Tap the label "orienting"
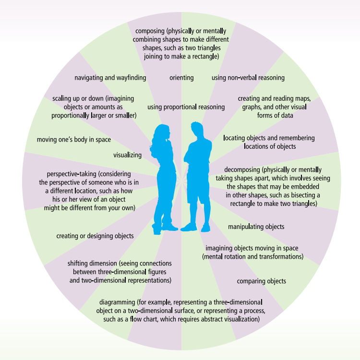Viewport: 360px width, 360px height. tap(181, 77)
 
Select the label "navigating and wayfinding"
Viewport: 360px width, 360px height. tap(110, 77)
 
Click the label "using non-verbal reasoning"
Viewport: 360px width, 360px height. tap(248, 77)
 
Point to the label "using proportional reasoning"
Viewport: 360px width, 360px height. tap(186, 107)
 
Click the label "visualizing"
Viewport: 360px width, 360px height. tap(127, 155)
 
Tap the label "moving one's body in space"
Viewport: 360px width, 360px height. tap(74, 140)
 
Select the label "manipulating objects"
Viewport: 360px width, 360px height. tap(256, 227)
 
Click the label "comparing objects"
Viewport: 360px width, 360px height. tap(262, 281)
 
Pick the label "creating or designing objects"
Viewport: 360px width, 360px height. tap(95, 236)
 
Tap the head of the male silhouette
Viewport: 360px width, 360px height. tap(196, 130)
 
